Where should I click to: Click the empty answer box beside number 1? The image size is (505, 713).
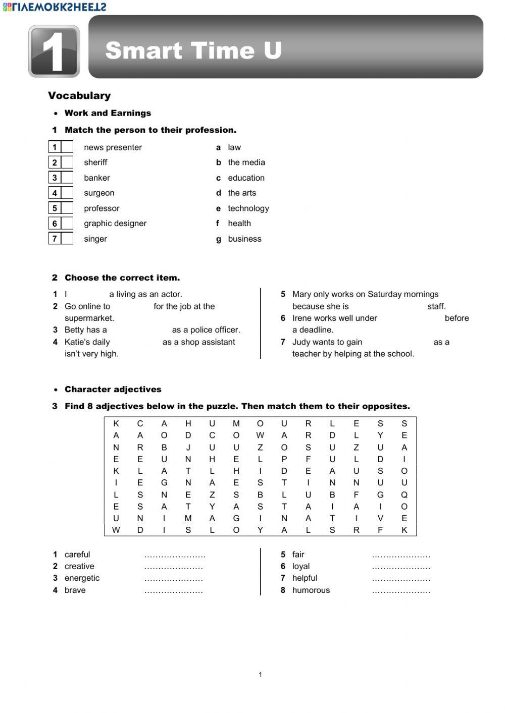[x=67, y=147]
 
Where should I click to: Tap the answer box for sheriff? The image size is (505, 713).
[x=67, y=162]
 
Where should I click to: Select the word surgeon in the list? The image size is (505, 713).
[x=99, y=193]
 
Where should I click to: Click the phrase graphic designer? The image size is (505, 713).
[x=115, y=223]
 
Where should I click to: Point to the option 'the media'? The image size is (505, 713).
[x=246, y=162]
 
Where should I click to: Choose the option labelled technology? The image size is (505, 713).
[x=248, y=208]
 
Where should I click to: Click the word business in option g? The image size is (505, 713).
[x=244, y=239]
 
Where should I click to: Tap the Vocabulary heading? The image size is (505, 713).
[x=79, y=95]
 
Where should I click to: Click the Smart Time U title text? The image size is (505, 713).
[x=193, y=50]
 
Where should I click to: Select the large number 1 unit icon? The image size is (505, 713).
[x=54, y=51]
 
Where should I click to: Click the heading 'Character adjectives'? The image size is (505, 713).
[x=113, y=389]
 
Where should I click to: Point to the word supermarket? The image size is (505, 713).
[x=89, y=318]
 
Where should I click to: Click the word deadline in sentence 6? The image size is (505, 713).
[x=317, y=330]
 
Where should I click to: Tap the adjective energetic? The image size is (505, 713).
[x=82, y=578]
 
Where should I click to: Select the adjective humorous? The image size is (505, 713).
[x=311, y=590]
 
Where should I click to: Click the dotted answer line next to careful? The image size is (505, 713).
[x=175, y=556]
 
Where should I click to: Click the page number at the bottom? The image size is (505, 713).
[x=260, y=675]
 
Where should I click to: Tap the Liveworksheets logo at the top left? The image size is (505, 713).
[x=54, y=7]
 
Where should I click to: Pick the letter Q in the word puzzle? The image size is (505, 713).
[x=404, y=495]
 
